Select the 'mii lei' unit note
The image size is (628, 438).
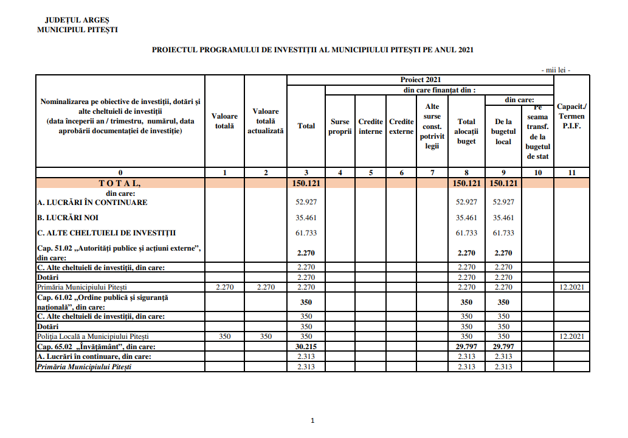tap(556, 70)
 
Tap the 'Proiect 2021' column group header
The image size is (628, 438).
tap(420, 80)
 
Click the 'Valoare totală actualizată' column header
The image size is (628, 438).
tap(266, 121)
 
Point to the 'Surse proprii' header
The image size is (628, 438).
tap(340, 126)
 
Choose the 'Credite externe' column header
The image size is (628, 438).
tap(401, 126)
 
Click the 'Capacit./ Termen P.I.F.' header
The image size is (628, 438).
tap(571, 116)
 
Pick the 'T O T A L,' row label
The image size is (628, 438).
tap(120, 183)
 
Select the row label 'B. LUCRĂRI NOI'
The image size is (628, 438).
tap(67, 217)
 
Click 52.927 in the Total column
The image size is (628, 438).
tap(306, 202)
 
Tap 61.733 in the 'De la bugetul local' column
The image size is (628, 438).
tap(503, 233)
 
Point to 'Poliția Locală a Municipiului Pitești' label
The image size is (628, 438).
tap(93, 336)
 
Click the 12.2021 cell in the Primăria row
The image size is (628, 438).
tap(571, 287)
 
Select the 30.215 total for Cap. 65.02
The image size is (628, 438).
tap(306, 346)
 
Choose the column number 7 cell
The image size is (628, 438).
tap(432, 173)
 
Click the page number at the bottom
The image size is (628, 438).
tap(312, 420)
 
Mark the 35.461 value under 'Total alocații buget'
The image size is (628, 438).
tap(466, 217)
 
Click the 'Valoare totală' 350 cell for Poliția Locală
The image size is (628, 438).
tap(224, 336)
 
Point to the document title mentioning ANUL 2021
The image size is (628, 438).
tap(312, 50)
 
